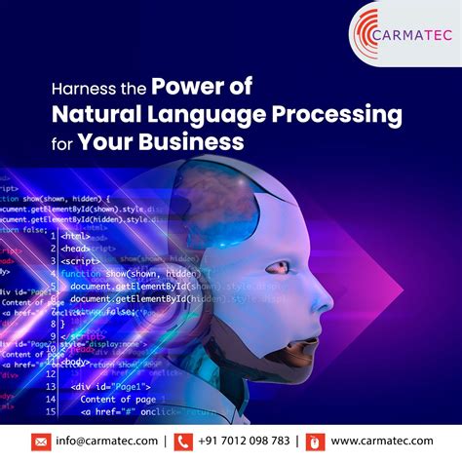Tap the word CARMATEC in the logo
point(409,35)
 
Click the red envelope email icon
point(42,441)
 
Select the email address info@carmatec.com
point(108,441)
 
